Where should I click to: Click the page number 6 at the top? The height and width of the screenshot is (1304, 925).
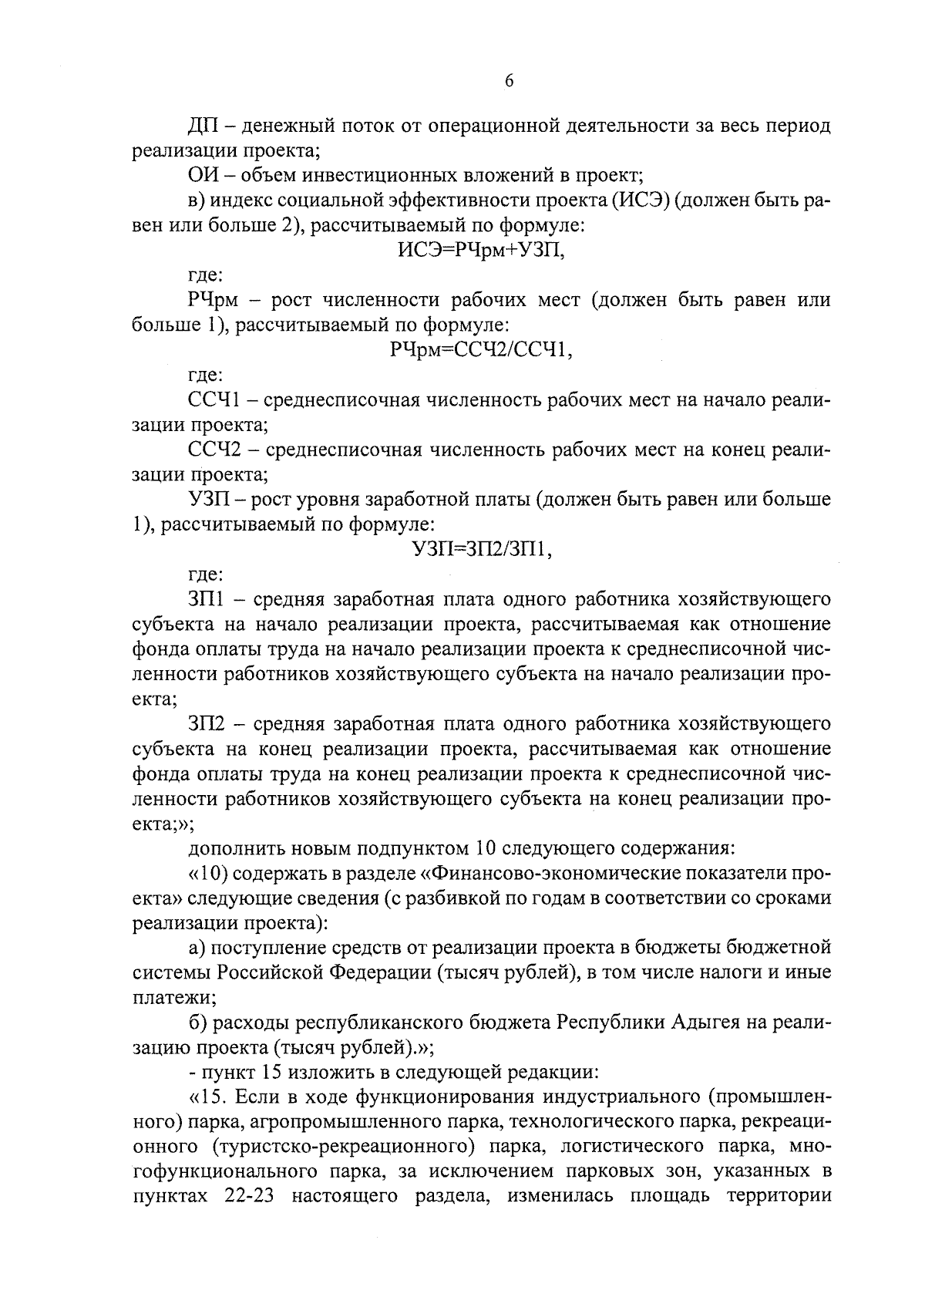point(509,83)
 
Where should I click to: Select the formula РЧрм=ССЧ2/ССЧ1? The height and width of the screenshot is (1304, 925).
point(481,350)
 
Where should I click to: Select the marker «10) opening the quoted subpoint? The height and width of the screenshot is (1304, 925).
point(205,873)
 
